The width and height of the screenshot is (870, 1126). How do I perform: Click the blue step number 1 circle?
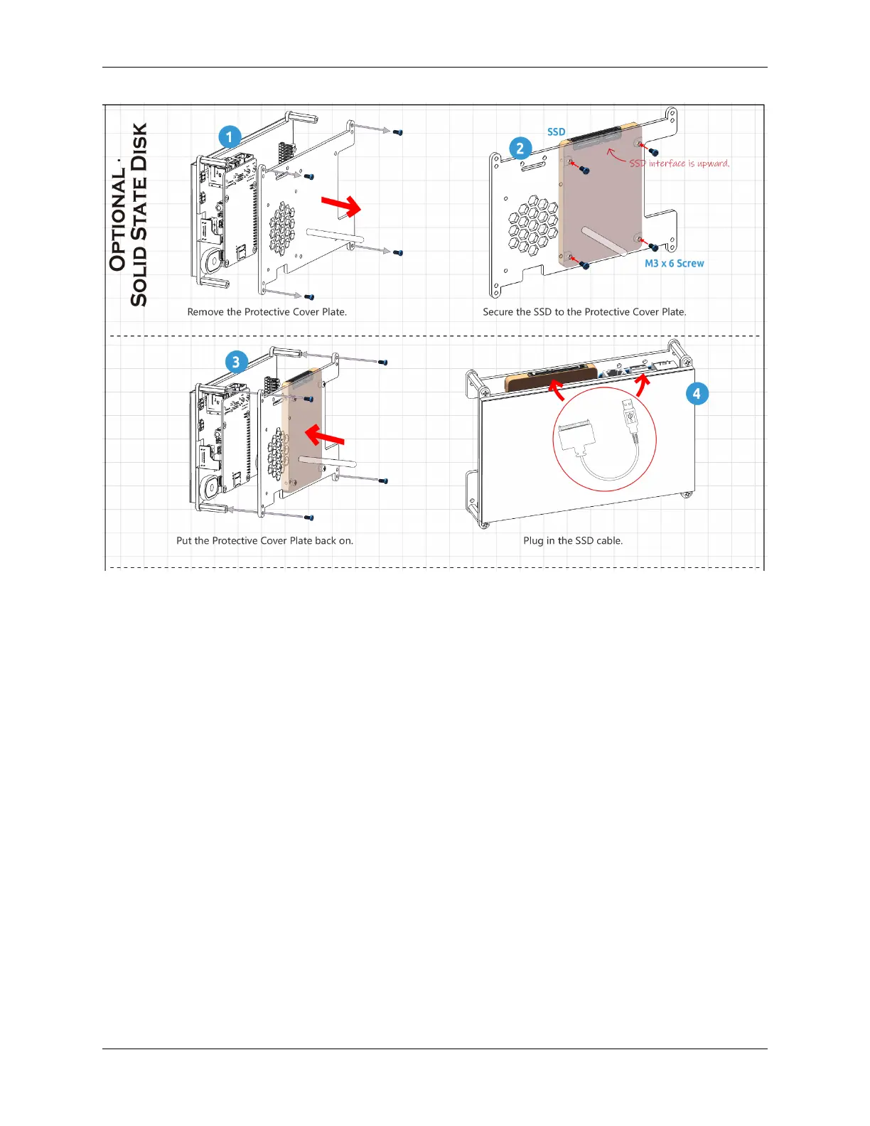click(229, 137)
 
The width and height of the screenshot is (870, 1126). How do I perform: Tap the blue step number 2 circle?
click(520, 149)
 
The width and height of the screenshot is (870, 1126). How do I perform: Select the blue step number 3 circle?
click(236, 362)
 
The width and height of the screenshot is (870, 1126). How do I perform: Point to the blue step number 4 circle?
click(697, 394)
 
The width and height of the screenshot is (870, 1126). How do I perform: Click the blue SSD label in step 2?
click(557, 132)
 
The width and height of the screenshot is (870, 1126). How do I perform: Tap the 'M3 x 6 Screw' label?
click(674, 264)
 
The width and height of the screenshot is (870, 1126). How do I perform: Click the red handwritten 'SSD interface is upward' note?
click(679, 163)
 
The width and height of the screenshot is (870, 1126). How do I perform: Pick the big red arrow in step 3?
click(324, 434)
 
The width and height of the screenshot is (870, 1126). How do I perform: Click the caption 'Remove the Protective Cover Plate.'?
click(267, 312)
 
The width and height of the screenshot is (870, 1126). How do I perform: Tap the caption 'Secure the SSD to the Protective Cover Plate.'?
click(584, 312)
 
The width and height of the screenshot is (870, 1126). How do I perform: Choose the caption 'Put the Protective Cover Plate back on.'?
click(264, 541)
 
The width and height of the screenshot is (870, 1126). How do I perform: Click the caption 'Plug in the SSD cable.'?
click(573, 541)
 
